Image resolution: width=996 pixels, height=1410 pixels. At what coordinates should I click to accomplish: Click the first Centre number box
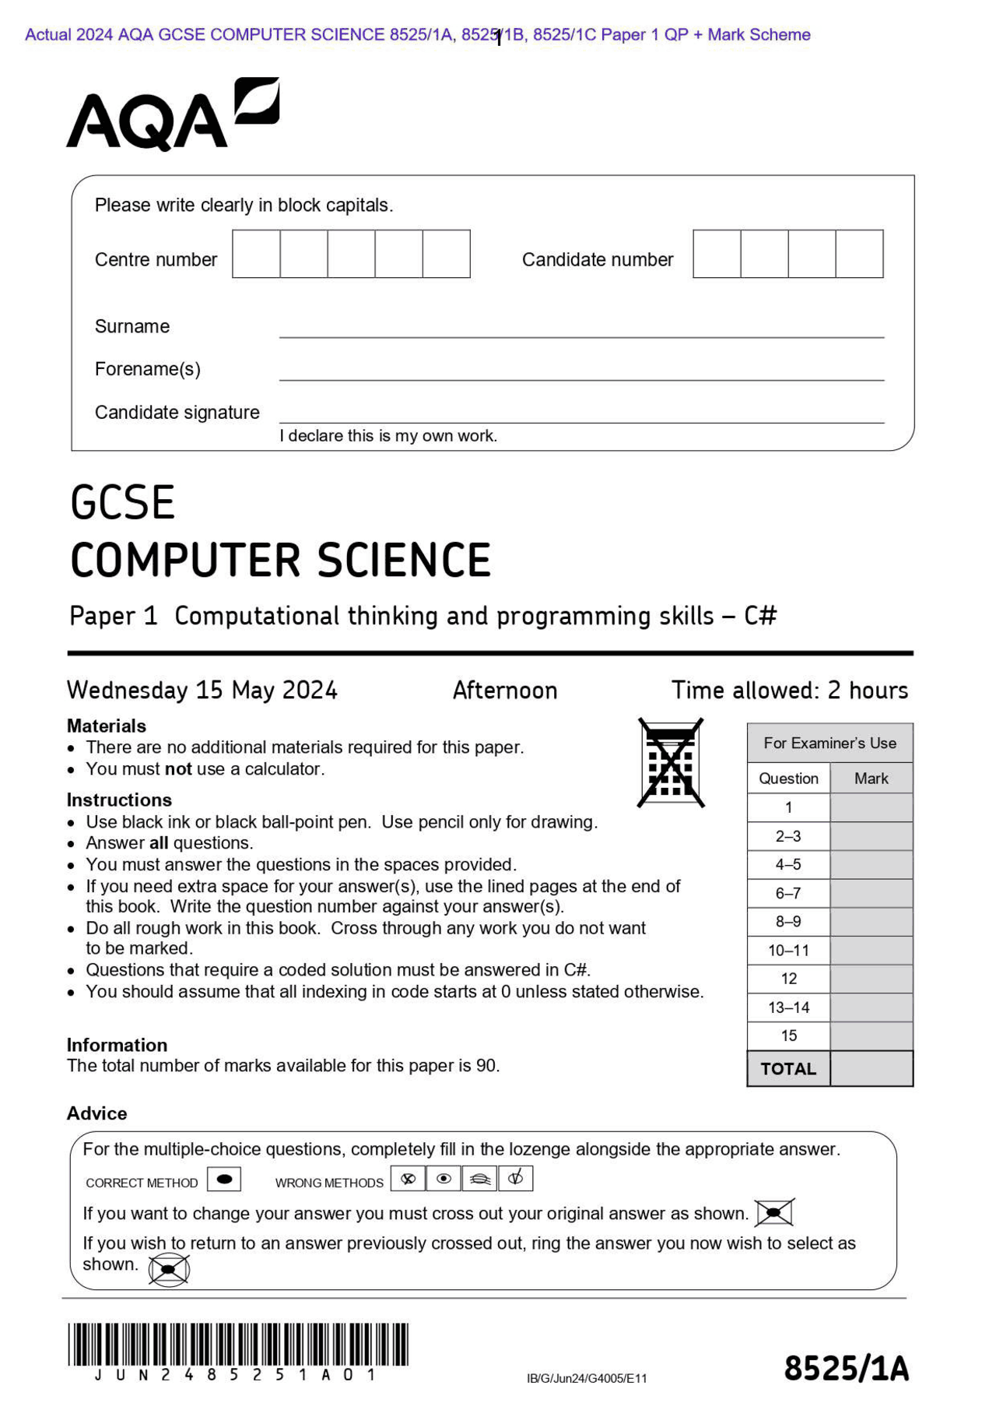point(256,254)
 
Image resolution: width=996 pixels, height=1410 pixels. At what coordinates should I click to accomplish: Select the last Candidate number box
point(859,254)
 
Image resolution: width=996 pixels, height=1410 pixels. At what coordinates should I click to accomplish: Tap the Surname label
point(132,326)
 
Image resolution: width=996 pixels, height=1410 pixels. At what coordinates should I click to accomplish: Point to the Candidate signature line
point(581,421)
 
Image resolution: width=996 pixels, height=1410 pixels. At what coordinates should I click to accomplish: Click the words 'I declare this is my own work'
point(388,436)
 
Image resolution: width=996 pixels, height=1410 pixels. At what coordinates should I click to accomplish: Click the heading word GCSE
point(122,503)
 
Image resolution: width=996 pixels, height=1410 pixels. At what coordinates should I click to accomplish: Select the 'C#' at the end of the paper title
point(760,616)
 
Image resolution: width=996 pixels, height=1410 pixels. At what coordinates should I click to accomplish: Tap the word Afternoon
point(505,690)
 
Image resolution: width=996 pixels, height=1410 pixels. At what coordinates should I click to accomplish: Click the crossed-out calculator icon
point(671,763)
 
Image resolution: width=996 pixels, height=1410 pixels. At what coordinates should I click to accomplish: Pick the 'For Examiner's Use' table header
point(829,743)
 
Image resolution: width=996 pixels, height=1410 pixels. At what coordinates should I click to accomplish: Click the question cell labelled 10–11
point(788,951)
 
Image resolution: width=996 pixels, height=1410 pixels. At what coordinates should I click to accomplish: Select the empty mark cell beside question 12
point(871,979)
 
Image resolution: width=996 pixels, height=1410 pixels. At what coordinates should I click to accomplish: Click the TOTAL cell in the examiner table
point(788,1069)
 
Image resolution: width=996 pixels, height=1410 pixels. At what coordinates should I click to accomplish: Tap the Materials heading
point(107,726)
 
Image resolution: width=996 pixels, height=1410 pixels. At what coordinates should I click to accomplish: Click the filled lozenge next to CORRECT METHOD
point(224,1179)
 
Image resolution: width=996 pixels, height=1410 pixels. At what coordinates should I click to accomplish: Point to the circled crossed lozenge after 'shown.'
point(169,1269)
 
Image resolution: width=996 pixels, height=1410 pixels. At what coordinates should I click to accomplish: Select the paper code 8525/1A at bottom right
point(846,1369)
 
